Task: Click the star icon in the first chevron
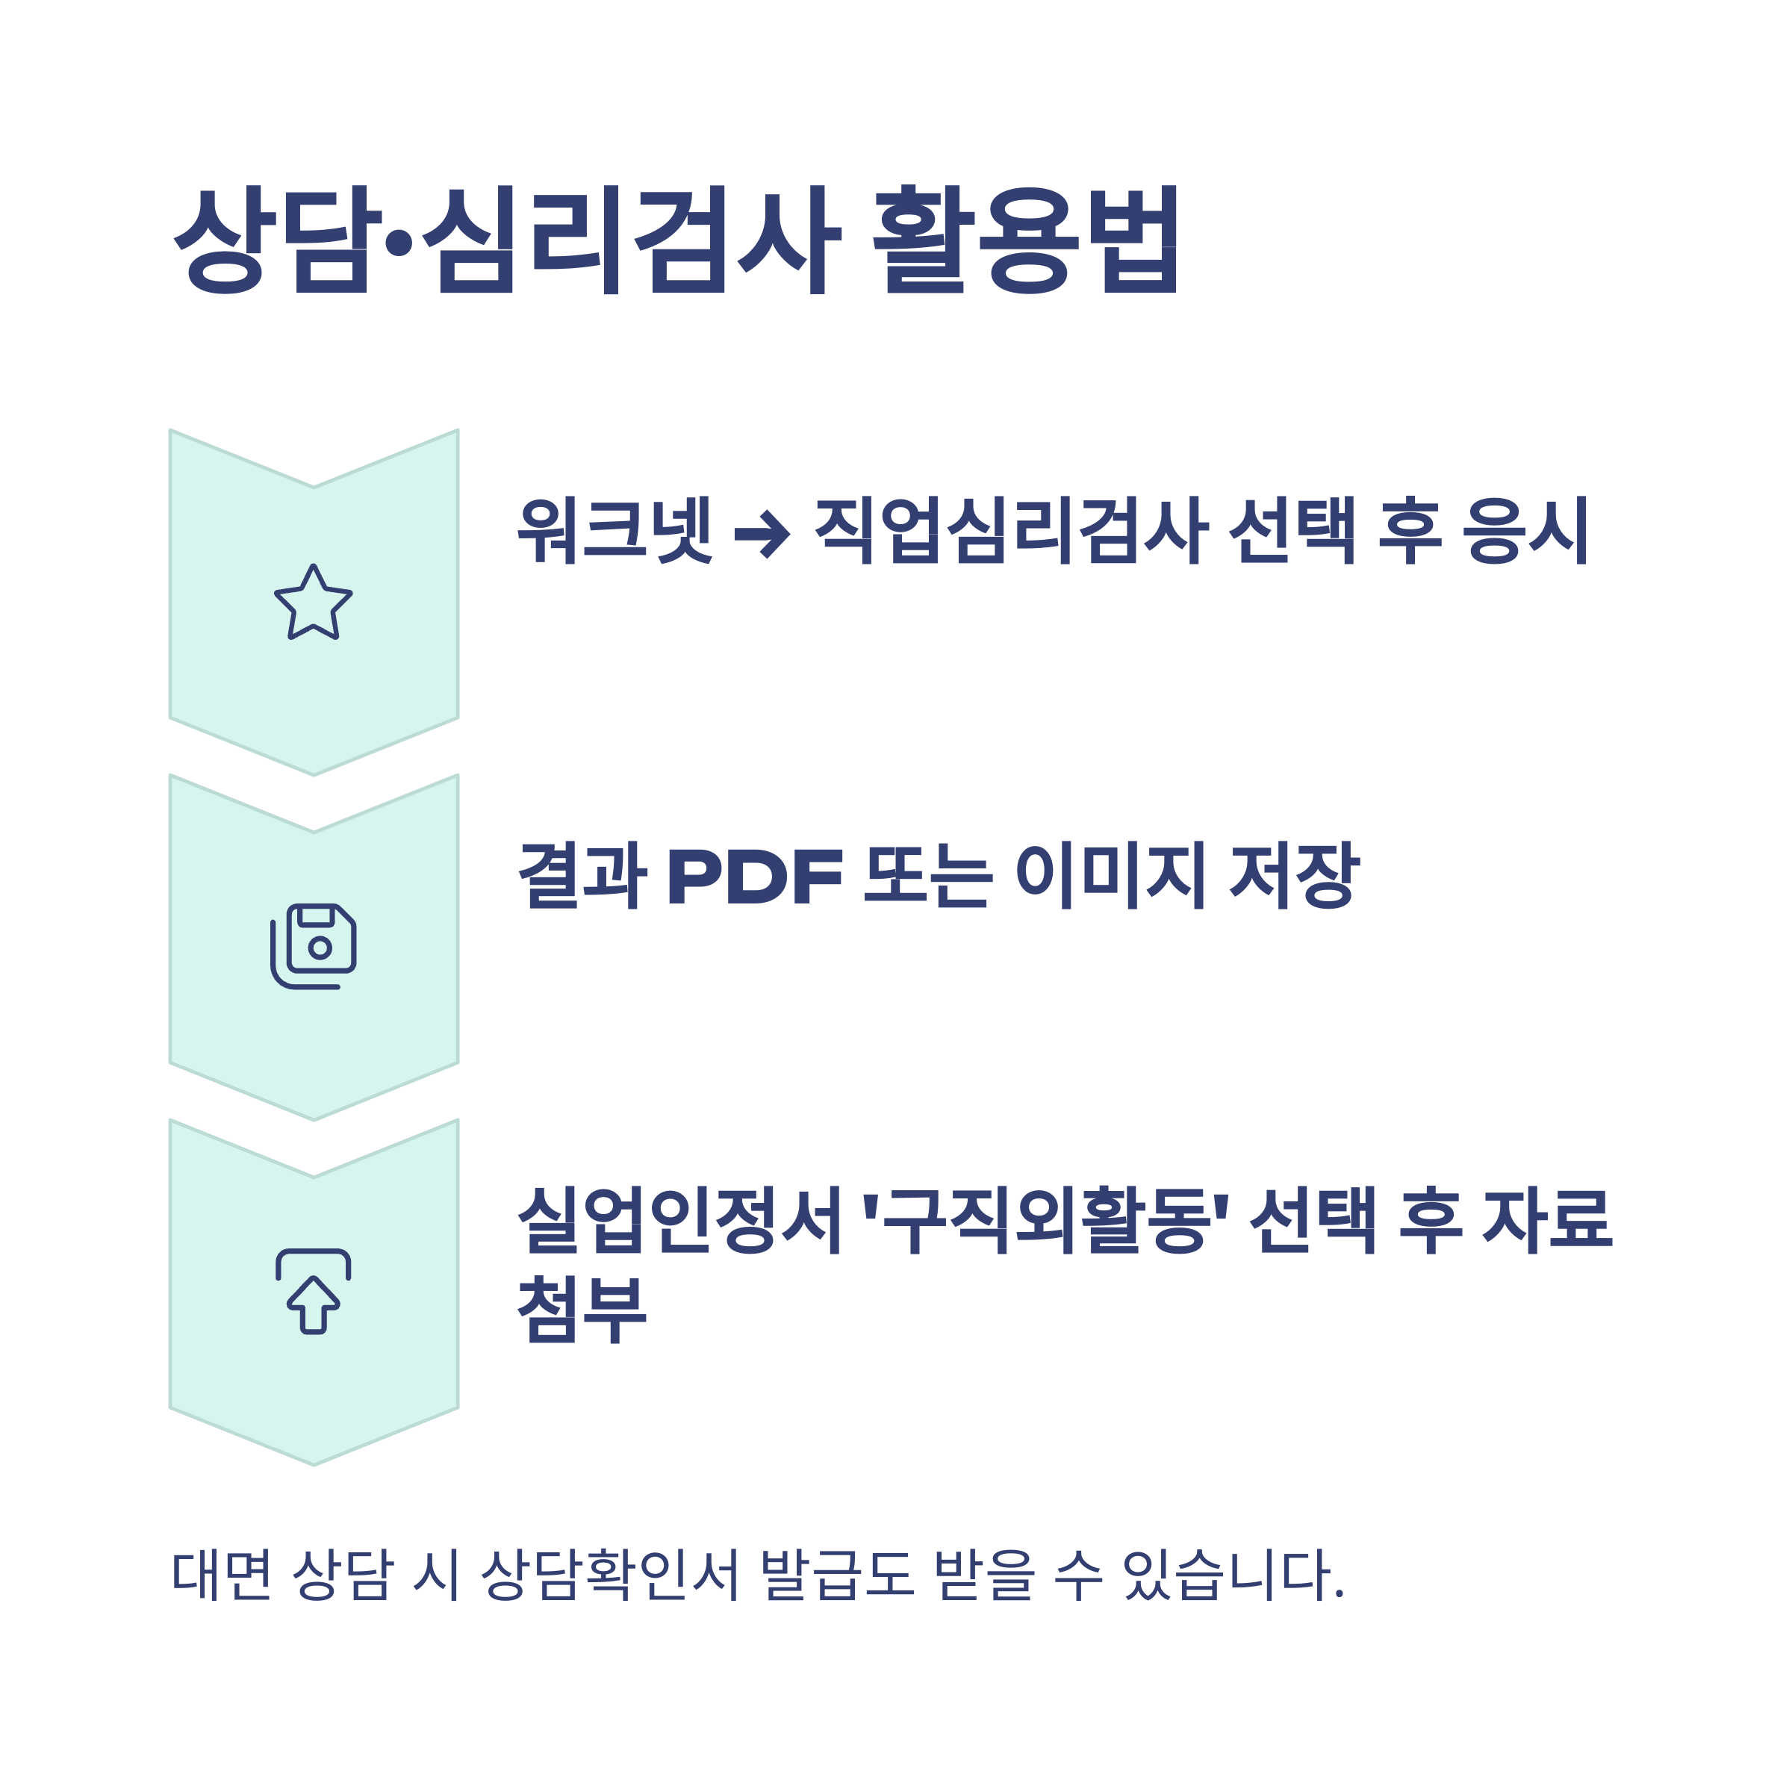(x=314, y=602)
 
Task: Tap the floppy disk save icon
(x=314, y=947)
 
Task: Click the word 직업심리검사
(x=1010, y=531)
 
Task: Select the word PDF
(x=755, y=877)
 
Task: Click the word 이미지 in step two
(x=1110, y=876)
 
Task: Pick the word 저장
(x=1295, y=876)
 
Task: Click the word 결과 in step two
(x=582, y=876)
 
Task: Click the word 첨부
(x=582, y=1309)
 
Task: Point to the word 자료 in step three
(x=1548, y=1221)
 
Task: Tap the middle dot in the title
(x=399, y=243)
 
